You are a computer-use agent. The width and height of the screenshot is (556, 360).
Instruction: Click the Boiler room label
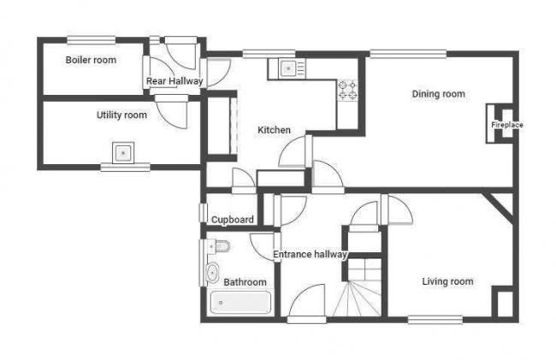(91, 60)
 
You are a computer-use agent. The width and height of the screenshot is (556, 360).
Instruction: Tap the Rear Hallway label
(174, 81)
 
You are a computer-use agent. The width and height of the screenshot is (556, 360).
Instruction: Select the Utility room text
(121, 115)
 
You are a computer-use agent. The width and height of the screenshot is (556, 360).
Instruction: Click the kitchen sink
(288, 68)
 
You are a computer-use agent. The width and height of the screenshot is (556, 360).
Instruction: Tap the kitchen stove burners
(348, 90)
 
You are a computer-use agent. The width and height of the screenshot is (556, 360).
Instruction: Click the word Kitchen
(274, 130)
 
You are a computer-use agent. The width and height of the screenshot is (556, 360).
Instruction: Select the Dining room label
(438, 94)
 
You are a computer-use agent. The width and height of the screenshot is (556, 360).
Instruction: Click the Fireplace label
(506, 125)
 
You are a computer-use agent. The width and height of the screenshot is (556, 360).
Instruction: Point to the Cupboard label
(233, 220)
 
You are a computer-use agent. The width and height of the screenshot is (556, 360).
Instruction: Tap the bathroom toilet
(221, 247)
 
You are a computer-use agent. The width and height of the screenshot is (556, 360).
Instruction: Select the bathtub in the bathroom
(241, 304)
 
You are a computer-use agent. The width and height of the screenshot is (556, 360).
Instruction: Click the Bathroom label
(245, 282)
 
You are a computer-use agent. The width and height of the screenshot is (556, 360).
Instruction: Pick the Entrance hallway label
(310, 254)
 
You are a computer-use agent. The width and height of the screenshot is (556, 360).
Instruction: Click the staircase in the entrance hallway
(359, 291)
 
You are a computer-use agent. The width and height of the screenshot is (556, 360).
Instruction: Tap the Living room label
(447, 281)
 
